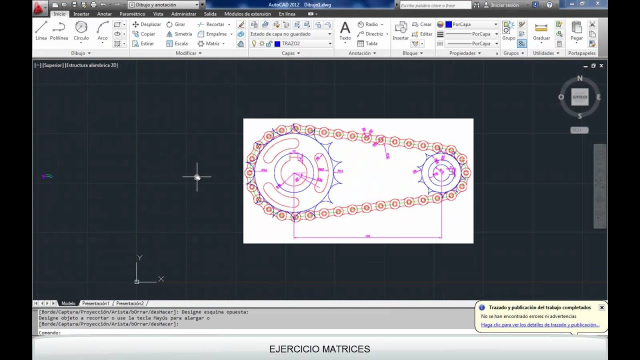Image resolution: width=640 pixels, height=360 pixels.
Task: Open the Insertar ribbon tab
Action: (x=81, y=14)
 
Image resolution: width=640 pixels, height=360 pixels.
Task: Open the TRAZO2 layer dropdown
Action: (x=330, y=43)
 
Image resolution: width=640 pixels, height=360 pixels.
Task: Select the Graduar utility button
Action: (x=541, y=31)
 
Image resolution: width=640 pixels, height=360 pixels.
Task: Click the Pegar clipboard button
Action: (x=576, y=31)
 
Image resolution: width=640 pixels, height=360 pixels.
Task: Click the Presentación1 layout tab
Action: (x=95, y=303)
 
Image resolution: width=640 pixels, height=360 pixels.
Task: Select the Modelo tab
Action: (x=68, y=303)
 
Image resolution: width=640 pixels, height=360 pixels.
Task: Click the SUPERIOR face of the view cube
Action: (x=580, y=97)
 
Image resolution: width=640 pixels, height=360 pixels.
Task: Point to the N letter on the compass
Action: (x=580, y=78)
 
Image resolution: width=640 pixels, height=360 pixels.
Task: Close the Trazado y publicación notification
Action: (x=602, y=307)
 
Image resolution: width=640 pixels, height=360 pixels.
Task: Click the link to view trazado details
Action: (x=540, y=325)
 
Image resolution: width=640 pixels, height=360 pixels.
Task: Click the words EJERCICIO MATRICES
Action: (x=319, y=349)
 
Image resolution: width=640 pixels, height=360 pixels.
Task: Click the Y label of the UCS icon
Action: (x=139, y=257)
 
